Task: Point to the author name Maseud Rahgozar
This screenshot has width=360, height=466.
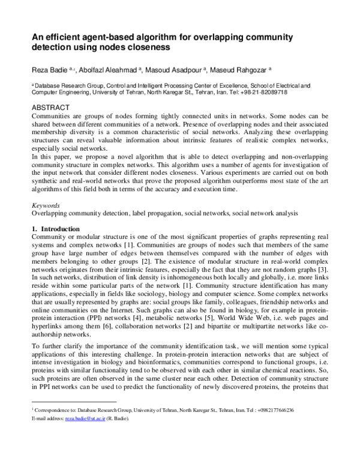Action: point(241,68)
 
